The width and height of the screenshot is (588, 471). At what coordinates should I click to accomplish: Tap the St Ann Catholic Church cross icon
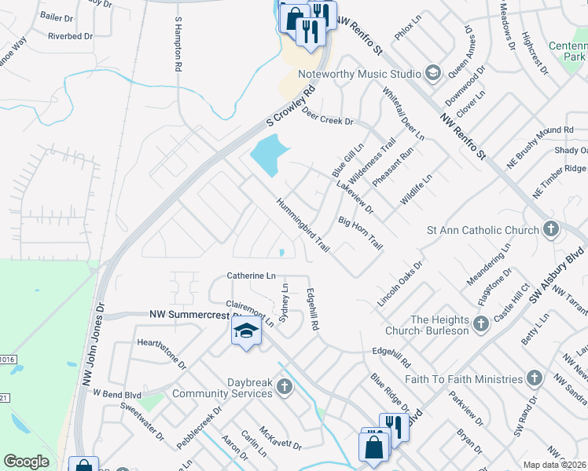(x=551, y=230)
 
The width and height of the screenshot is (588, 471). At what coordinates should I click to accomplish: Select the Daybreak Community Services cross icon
(x=283, y=386)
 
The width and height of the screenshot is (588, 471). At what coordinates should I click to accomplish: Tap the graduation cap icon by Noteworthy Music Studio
(x=432, y=73)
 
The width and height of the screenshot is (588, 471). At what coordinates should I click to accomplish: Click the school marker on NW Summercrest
(x=246, y=330)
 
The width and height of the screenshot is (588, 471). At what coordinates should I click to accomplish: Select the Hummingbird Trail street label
(x=303, y=225)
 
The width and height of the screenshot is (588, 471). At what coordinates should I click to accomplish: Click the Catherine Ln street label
(x=251, y=276)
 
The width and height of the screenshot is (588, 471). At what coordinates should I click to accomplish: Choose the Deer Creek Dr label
(x=328, y=117)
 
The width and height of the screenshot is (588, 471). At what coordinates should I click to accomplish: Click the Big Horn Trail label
(x=360, y=234)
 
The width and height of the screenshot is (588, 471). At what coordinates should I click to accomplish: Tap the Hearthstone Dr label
(x=161, y=354)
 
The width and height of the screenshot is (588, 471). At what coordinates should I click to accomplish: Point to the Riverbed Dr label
(x=71, y=36)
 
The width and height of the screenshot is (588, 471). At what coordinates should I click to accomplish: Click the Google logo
(x=27, y=462)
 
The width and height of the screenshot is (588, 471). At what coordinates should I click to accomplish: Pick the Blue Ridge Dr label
(x=390, y=392)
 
